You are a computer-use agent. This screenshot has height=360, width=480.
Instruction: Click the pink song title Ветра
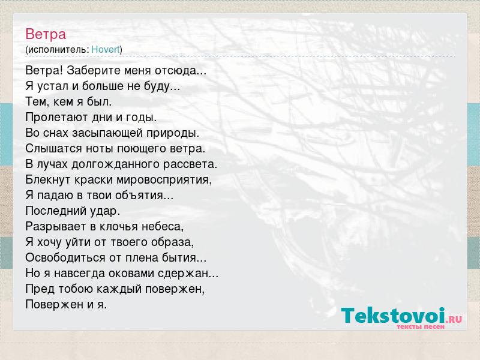pos(46,34)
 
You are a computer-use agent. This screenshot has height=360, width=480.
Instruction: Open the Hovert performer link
pos(106,49)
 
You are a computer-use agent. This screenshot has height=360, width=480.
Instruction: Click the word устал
pos(53,86)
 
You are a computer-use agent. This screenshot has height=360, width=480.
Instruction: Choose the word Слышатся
pos(53,148)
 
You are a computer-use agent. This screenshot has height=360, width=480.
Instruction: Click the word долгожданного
pos(115,164)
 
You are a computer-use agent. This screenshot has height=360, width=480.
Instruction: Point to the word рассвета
pos(190,164)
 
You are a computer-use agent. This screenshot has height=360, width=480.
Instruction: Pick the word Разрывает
pos(56,227)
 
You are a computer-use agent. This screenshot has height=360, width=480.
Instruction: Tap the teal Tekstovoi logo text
pos(393,316)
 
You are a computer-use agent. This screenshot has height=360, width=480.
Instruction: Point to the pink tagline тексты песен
pos(421,326)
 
